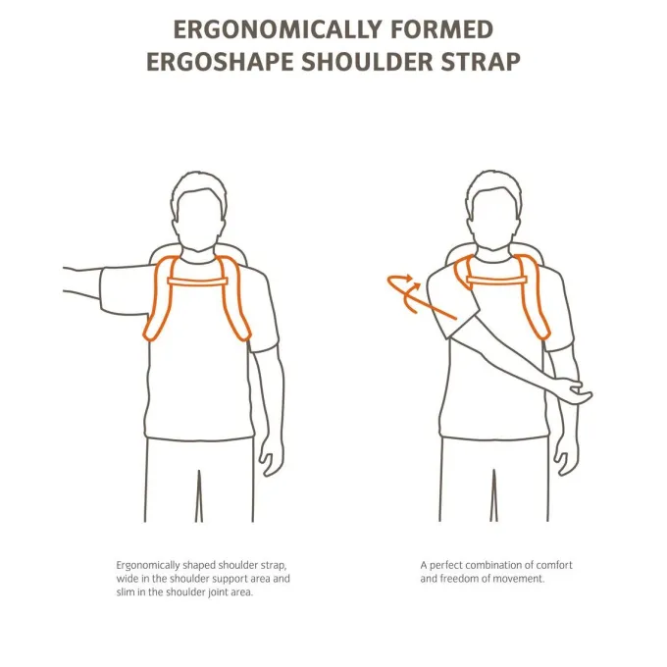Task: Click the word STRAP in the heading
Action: pyautogui.click(x=481, y=62)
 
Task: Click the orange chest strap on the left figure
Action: pyautogui.click(x=198, y=282)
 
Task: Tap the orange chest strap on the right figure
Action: pyautogui.click(x=497, y=280)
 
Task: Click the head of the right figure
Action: pyautogui.click(x=494, y=209)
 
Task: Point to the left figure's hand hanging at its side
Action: pyautogui.click(x=271, y=456)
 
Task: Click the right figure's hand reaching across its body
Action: pyautogui.click(x=576, y=391)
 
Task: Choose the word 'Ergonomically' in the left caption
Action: pyautogui.click(x=148, y=566)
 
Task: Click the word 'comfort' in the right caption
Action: pyautogui.click(x=554, y=565)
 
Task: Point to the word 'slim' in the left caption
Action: pyautogui.click(x=126, y=591)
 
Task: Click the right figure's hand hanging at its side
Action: pyautogui.click(x=566, y=456)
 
